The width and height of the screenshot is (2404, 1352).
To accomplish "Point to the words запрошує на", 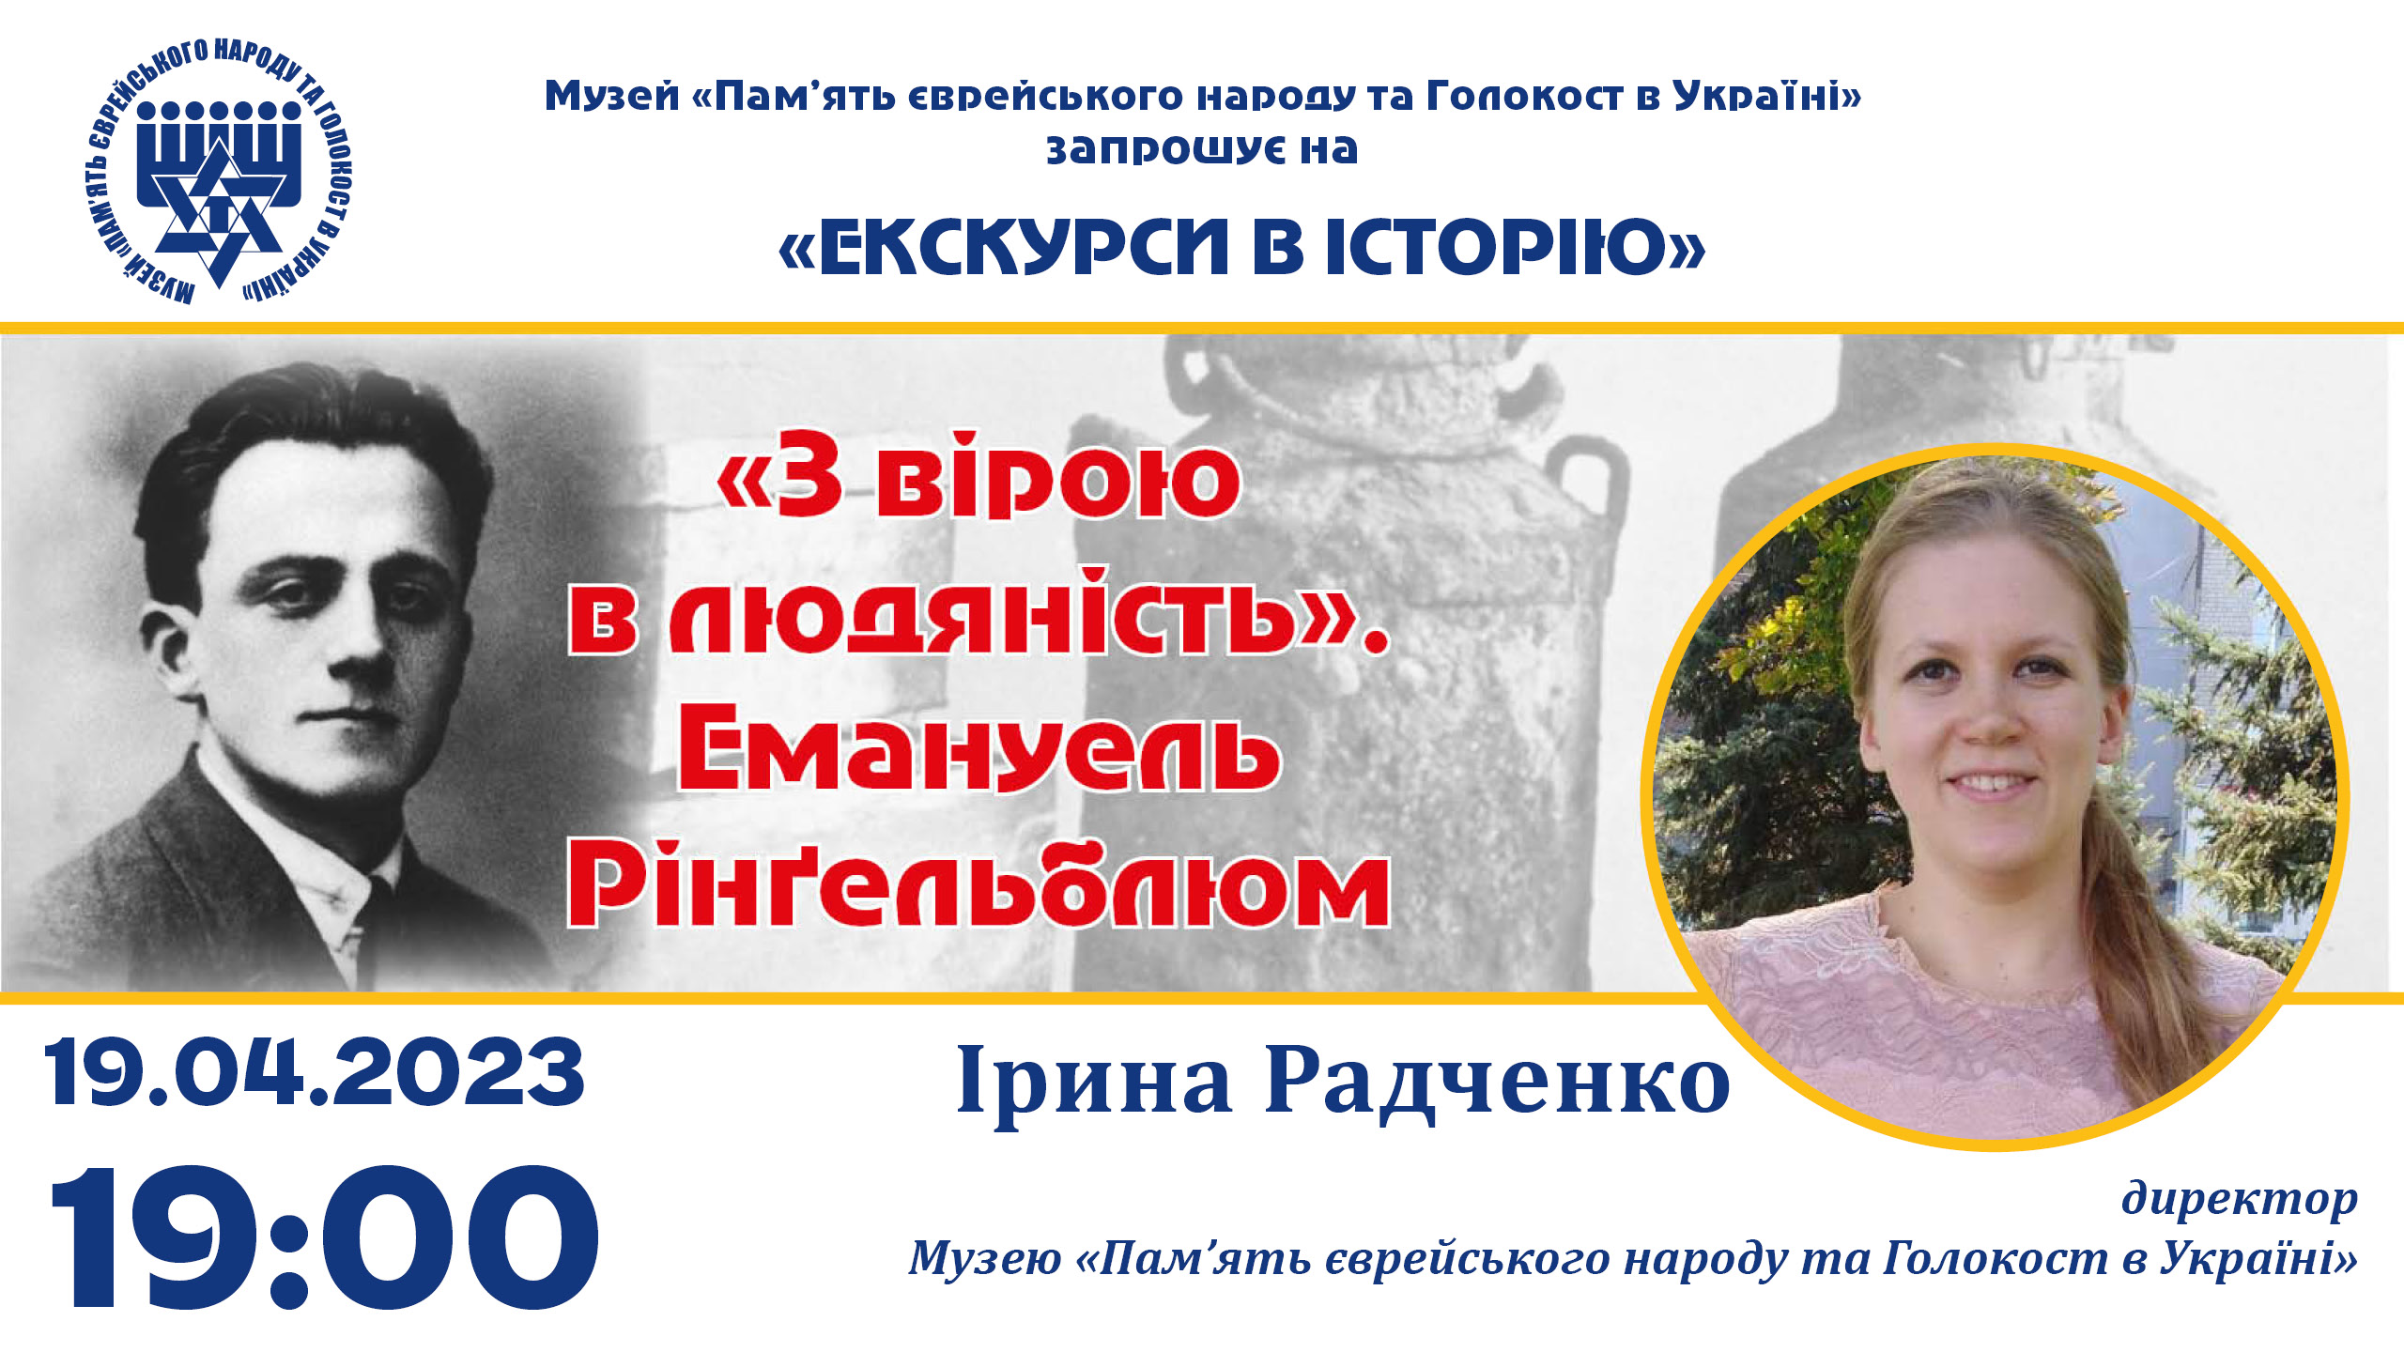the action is [1202, 149].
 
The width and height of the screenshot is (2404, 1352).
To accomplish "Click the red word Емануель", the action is [979, 753].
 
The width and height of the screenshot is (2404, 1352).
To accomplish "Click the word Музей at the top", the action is [611, 96].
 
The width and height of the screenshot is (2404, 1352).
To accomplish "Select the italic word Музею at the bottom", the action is [984, 1258].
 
